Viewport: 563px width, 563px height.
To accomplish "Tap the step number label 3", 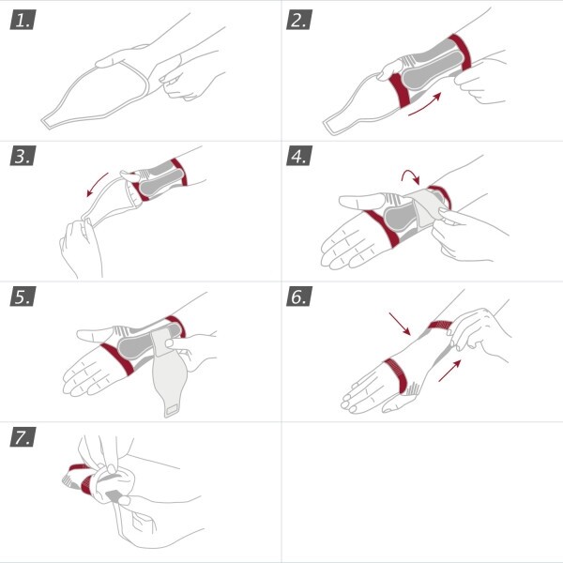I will tap(23, 156).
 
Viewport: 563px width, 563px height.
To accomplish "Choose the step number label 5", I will tap(23, 297).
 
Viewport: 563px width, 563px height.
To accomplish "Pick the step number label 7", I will tap(23, 437).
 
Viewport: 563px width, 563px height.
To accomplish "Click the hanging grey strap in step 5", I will tap(168, 385).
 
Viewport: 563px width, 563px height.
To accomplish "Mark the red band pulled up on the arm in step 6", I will tap(441, 326).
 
